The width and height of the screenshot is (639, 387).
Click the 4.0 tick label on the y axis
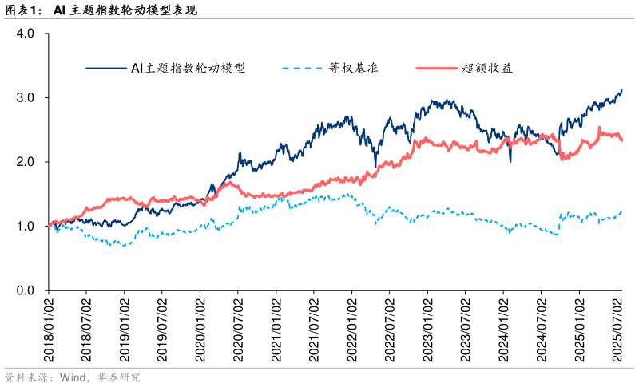click(x=26, y=34)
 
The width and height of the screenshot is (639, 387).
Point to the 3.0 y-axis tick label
click(x=26, y=98)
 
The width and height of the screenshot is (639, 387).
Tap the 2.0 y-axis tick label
click(x=26, y=162)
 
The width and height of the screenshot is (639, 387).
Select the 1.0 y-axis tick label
click(x=26, y=227)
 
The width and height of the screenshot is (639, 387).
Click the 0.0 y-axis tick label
click(x=26, y=290)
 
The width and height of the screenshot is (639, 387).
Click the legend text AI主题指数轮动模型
click(x=188, y=68)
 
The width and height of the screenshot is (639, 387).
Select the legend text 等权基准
click(x=354, y=68)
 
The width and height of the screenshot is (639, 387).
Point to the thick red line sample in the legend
click(x=437, y=69)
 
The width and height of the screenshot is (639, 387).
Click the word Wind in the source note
click(x=66, y=377)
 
